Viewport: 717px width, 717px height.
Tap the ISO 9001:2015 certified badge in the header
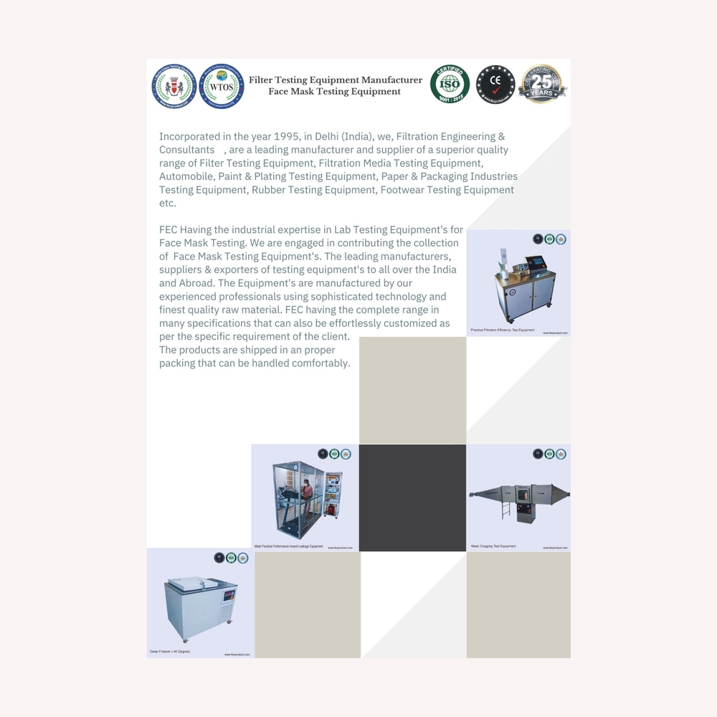[450, 85]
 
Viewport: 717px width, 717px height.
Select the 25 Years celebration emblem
[542, 85]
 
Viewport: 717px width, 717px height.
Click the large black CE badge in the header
[495, 85]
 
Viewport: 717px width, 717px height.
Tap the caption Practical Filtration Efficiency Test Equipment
[502, 330]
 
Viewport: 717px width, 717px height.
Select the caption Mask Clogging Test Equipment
[493, 546]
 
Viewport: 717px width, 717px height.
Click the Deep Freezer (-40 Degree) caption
[170, 651]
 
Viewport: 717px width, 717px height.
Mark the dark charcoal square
[412, 498]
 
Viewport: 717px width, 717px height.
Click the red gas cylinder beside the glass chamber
[331, 511]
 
